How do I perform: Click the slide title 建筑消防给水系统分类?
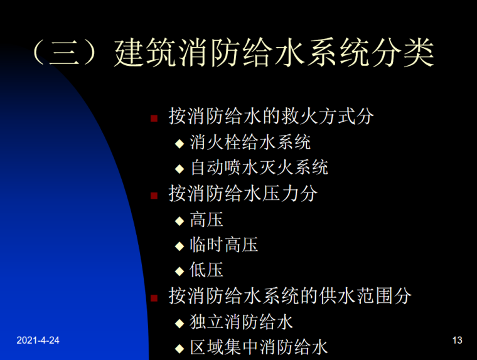pos(273,53)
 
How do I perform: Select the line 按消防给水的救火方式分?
pos(271,116)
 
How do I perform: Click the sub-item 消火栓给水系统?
pos(250,142)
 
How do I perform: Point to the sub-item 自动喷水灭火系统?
pos(259,167)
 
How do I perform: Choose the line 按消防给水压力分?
pos(243,193)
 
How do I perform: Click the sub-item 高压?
pos(206,219)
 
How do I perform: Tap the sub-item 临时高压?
pos(224,245)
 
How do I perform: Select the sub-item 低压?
pos(206,270)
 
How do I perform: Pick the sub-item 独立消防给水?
pos(242,322)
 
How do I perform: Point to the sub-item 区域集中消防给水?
pos(259,347)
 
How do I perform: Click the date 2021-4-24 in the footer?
pos(38,340)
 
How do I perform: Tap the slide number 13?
pos(457,340)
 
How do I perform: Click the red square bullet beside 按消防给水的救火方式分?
pos(153,118)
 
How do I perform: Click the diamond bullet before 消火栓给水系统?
pos(180,143)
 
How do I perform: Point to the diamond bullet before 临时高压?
pos(180,246)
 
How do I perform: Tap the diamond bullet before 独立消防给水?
pos(180,323)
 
